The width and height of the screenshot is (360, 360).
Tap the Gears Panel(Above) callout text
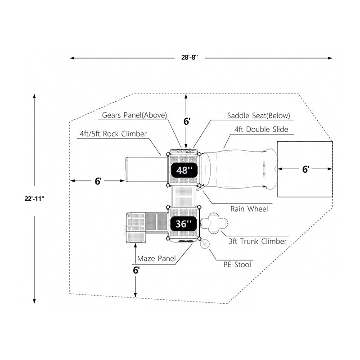pyautogui.click(x=135, y=115)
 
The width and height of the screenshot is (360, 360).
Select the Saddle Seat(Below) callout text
pyautogui.click(x=259, y=116)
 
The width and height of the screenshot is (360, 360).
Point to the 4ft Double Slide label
pyautogui.click(x=261, y=130)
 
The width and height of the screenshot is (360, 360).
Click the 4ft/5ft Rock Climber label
pyautogui.click(x=113, y=134)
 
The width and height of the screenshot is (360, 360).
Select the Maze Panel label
pyautogui.click(x=156, y=258)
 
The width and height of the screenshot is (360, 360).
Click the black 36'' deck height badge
pyautogui.click(x=184, y=224)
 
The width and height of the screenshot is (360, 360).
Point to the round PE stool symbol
pyautogui.click(x=205, y=244)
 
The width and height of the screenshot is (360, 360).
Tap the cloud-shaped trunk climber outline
pyautogui.click(x=215, y=223)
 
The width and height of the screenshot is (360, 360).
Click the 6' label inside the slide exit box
pyautogui.click(x=305, y=169)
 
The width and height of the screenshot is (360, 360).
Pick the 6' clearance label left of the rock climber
pyautogui.click(x=98, y=181)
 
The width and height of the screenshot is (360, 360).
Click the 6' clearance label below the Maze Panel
pyautogui.click(x=136, y=270)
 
